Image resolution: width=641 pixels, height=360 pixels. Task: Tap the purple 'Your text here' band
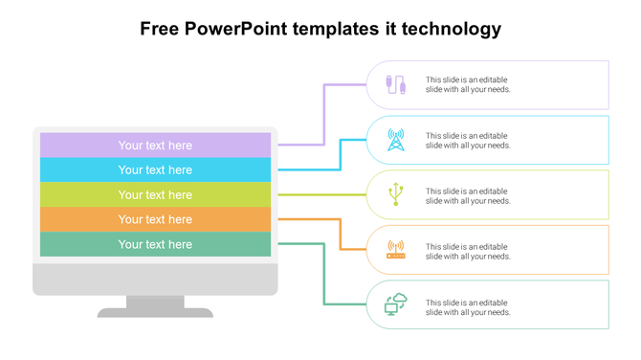[x=155, y=146]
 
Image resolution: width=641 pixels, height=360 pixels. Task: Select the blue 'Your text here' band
[x=155, y=170]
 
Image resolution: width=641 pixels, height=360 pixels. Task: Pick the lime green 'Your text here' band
[x=155, y=195]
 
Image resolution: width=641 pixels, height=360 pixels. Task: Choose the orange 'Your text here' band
[x=155, y=220]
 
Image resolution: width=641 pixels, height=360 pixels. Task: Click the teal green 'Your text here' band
[x=155, y=245]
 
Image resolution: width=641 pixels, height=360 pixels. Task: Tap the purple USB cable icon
[x=395, y=85]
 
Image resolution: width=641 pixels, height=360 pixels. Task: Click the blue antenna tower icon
[x=395, y=141]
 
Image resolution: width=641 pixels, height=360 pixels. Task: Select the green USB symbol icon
[x=395, y=195]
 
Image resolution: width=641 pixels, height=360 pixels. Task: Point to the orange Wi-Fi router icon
[x=395, y=251]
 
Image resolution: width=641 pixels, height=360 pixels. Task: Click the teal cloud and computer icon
[x=395, y=305]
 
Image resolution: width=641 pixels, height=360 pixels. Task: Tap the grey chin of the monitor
[x=155, y=279]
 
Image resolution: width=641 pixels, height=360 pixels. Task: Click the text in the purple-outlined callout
[x=468, y=85]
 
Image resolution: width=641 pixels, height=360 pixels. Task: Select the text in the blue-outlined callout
[x=468, y=141]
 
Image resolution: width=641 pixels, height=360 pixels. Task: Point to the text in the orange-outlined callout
[x=468, y=251]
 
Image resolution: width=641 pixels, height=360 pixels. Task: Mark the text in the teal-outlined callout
[x=468, y=306]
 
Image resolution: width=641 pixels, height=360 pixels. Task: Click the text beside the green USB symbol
[x=468, y=196]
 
